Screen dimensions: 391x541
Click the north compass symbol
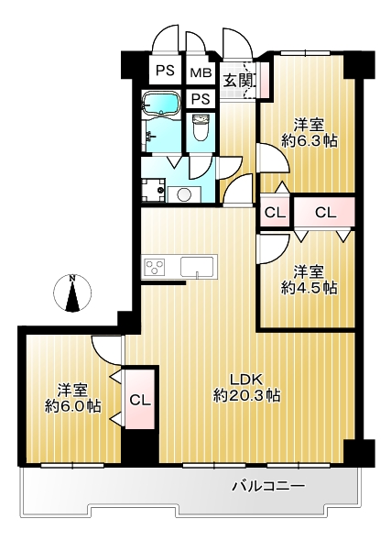coord(72,293)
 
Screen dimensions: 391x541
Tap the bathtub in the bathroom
coord(161,104)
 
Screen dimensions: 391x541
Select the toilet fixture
coord(201,127)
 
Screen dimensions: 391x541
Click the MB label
coord(201,73)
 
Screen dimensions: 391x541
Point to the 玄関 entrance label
coord(239,81)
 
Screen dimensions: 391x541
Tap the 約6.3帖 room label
coord(309,133)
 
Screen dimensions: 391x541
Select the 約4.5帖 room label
coord(309,280)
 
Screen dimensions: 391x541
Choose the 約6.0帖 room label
coord(72,398)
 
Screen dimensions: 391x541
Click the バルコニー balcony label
coord(268,487)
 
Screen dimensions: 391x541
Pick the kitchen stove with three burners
coord(154,267)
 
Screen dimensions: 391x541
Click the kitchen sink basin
coord(198,266)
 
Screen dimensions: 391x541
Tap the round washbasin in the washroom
coord(183,194)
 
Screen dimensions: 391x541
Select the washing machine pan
coord(154,190)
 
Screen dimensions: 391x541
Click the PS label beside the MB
coord(165,71)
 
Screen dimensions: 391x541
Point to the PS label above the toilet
coord(201,99)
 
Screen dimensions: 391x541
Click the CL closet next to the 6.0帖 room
coord(139,400)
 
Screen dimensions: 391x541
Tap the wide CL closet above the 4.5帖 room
coord(325,212)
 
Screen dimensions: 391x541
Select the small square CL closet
coord(276,212)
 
